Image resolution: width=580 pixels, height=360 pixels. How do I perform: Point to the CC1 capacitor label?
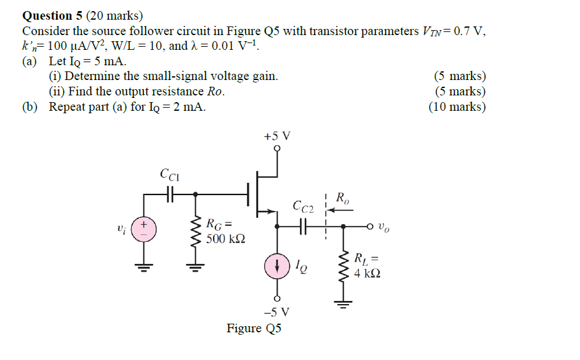pos(169,175)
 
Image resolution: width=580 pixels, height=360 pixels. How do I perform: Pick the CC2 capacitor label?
pos(304,206)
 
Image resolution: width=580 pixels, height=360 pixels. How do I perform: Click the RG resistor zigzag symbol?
pos(196,233)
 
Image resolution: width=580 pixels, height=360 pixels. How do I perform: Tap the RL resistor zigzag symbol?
pos(344,266)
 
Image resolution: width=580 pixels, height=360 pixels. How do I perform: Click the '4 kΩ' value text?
pos(368,273)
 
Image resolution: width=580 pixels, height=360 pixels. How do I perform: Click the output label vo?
pos(384,226)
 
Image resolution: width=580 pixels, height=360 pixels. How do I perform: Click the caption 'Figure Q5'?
pos(254,328)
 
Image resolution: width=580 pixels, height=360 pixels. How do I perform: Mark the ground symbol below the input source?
pos(145,267)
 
